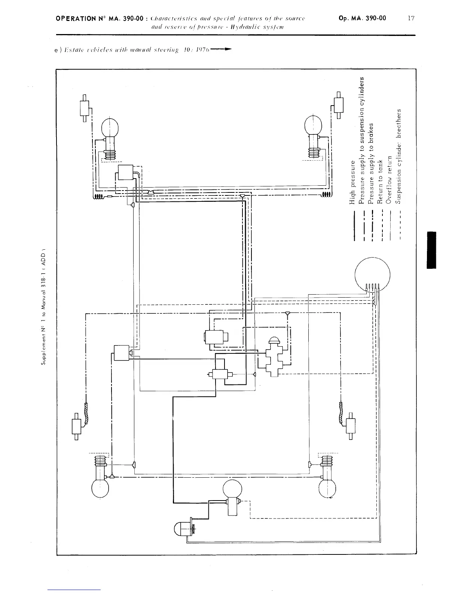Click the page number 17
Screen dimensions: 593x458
click(x=411, y=18)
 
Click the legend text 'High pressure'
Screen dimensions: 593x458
click(x=352, y=182)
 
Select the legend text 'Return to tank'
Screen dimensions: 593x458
click(x=380, y=182)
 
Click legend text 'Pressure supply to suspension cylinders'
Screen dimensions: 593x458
click(x=361, y=140)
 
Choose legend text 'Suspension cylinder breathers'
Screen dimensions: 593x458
click(x=399, y=156)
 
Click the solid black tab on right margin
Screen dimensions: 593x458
click(x=431, y=250)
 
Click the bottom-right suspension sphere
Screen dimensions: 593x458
click(x=327, y=488)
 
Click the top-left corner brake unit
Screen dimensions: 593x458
click(x=85, y=108)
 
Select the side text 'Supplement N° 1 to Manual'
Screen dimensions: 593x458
click(x=43, y=329)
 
